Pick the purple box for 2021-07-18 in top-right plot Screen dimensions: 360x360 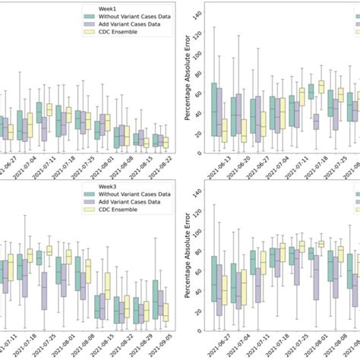pyautogui.click(x=316, y=120)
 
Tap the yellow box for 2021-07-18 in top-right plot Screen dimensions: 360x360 pyautogui.click(x=321, y=87)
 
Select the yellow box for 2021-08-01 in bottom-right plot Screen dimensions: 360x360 pyautogui.click(x=321, y=244)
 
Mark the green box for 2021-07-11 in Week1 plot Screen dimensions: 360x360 pyautogui.click(x=39, y=112)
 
